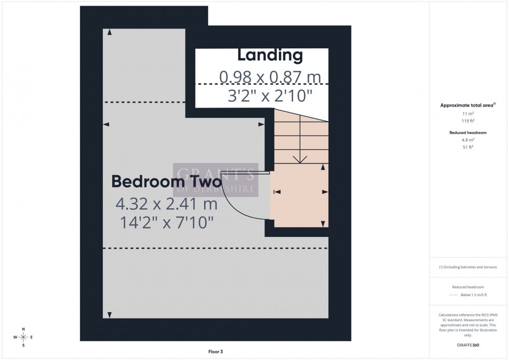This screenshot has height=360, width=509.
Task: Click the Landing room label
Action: click(270, 55)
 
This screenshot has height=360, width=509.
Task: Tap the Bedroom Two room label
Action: click(166, 182)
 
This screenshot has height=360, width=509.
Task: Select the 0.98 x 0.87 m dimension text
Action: click(270, 77)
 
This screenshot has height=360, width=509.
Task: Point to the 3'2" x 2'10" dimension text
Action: click(270, 96)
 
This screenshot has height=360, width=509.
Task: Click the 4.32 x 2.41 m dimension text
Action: click(166, 204)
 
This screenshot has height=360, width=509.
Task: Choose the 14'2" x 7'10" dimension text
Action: click(166, 223)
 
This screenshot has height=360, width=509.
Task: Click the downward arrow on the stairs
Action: click(299, 158)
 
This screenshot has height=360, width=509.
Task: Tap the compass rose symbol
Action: click(23, 337)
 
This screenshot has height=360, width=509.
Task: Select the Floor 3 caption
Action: click(215, 352)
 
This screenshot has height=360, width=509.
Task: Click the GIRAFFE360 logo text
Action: click(468, 344)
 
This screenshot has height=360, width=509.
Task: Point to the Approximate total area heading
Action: click(467, 105)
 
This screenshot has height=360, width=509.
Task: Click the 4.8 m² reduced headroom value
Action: click(468, 140)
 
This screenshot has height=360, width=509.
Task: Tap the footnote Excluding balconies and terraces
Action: click(468, 267)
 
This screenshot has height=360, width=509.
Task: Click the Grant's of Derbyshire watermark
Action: click(216, 180)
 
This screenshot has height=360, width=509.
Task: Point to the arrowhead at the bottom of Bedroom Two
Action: click(109, 315)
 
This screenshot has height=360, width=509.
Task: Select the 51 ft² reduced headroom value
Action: click(468, 147)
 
